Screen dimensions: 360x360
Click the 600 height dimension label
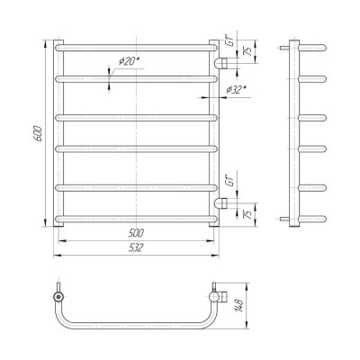[x=40, y=133]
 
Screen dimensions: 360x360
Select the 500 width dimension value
[x=136, y=232]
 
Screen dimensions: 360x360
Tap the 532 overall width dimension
[x=136, y=247]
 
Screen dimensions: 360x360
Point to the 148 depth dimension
[x=240, y=305]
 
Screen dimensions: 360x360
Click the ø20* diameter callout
[x=130, y=61]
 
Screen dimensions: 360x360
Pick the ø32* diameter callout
[x=237, y=90]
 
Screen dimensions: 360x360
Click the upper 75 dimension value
[x=247, y=51]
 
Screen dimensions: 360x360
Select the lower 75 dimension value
[x=247, y=214]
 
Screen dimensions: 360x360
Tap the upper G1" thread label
[x=230, y=41]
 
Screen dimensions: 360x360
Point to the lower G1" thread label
[x=230, y=182]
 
